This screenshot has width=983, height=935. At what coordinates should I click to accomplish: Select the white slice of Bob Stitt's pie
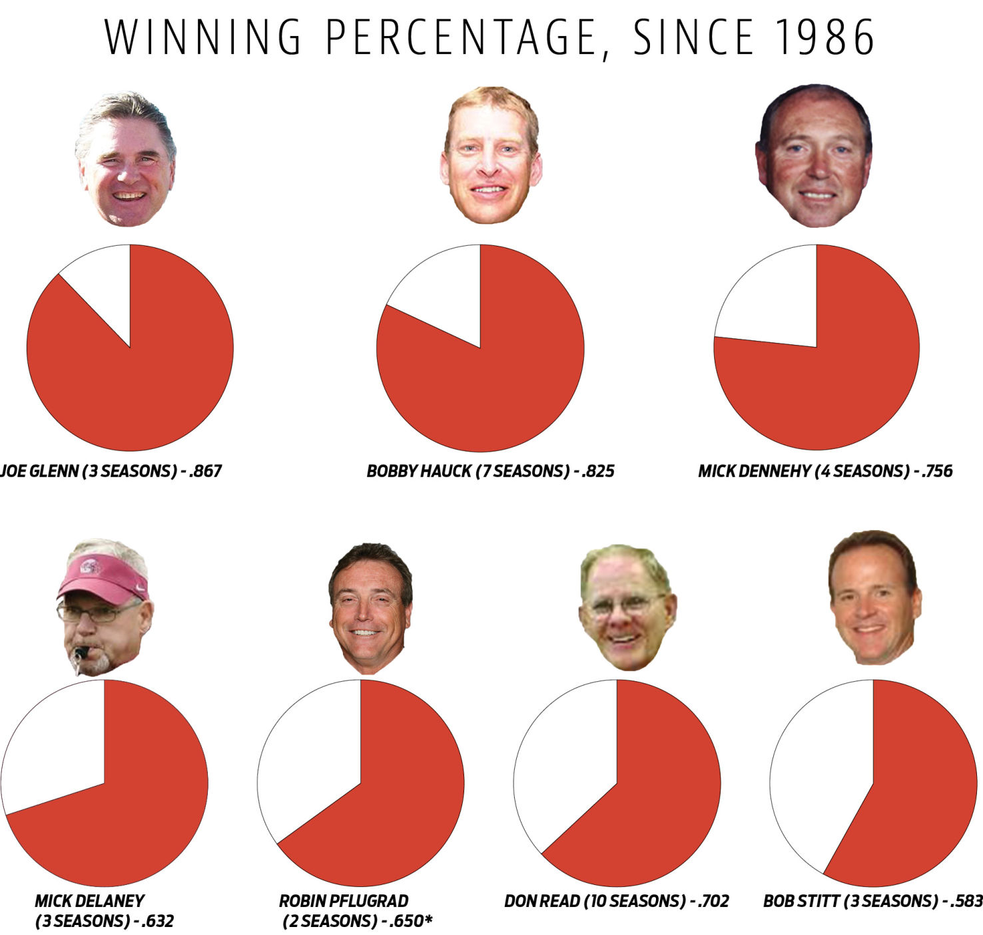(x=819, y=773)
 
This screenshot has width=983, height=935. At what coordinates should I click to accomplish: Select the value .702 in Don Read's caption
(x=713, y=902)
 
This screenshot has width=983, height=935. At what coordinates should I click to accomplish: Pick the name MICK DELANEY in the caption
(x=89, y=902)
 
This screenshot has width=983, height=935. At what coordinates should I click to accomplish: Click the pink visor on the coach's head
(x=99, y=577)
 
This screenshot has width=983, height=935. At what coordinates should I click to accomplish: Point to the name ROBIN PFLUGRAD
(x=344, y=902)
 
